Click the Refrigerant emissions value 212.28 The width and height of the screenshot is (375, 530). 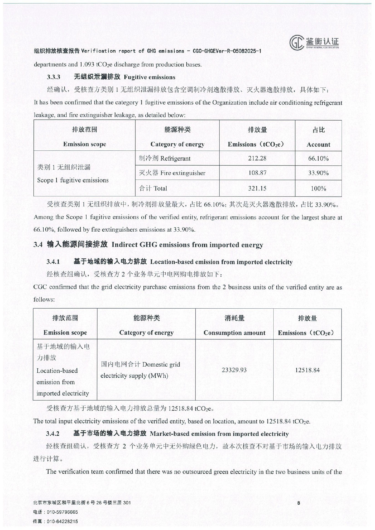pyautogui.click(x=257, y=158)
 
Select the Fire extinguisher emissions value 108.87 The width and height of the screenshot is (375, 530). pyautogui.click(x=257, y=173)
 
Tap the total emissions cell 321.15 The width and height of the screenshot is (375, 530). pyautogui.click(x=257, y=188)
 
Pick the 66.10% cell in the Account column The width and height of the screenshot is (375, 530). pyautogui.click(x=318, y=158)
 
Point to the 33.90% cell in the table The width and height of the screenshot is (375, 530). pyautogui.click(x=318, y=173)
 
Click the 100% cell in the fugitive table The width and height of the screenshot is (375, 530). pyautogui.click(x=318, y=189)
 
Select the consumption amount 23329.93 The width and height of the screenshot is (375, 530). pyautogui.click(x=234, y=370)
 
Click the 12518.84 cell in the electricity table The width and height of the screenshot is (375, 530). pyautogui.click(x=307, y=370)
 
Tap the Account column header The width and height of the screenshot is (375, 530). pyautogui.click(x=318, y=137)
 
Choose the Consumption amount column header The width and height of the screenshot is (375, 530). pyautogui.click(x=234, y=325)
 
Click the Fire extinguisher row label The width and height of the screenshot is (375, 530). pyautogui.click(x=172, y=173)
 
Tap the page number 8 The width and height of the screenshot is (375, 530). pyautogui.click(x=299, y=503)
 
